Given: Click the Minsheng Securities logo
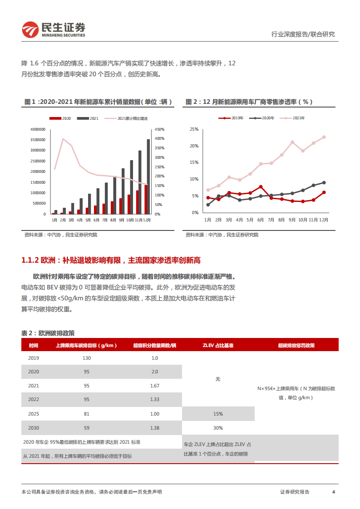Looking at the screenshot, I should pyautogui.click(x=54, y=29).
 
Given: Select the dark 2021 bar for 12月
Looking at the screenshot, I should pyautogui.click(x=148, y=176).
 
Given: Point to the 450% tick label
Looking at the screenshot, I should pyautogui.click(x=159, y=129).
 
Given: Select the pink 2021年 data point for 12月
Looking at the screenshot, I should pyautogui.click(x=324, y=137).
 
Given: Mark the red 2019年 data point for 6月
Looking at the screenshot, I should pyautogui.click(x=261, y=186).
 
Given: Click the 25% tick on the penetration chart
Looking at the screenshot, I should pyautogui.click(x=194, y=129).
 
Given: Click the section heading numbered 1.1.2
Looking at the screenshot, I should pyautogui.click(x=111, y=260).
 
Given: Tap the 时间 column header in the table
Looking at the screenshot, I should pyautogui.click(x=34, y=345).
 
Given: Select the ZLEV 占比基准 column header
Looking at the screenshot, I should pyautogui.click(x=218, y=345).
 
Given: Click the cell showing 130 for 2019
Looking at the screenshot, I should pyautogui.click(x=87, y=358).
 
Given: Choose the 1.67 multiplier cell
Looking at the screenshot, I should pyautogui.click(x=155, y=386).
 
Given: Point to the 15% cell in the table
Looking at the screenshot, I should pyautogui.click(x=218, y=414).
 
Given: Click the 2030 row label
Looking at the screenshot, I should pyautogui.click(x=34, y=428).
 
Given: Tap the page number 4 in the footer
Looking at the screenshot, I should pyautogui.click(x=334, y=492).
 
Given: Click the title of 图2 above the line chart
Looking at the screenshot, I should pyautogui.click(x=249, y=102).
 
